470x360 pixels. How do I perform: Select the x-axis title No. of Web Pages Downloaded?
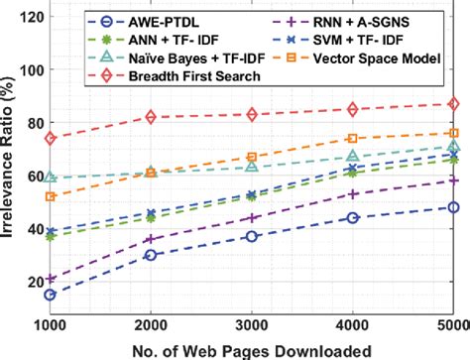[251, 350]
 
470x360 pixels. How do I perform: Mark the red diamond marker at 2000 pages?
[151, 117]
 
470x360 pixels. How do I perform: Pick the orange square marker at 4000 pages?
[353, 139]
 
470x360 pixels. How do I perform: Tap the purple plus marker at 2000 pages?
[151, 239]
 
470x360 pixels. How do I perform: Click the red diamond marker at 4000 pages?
[353, 109]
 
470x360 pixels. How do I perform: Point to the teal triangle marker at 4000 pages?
[353, 157]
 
